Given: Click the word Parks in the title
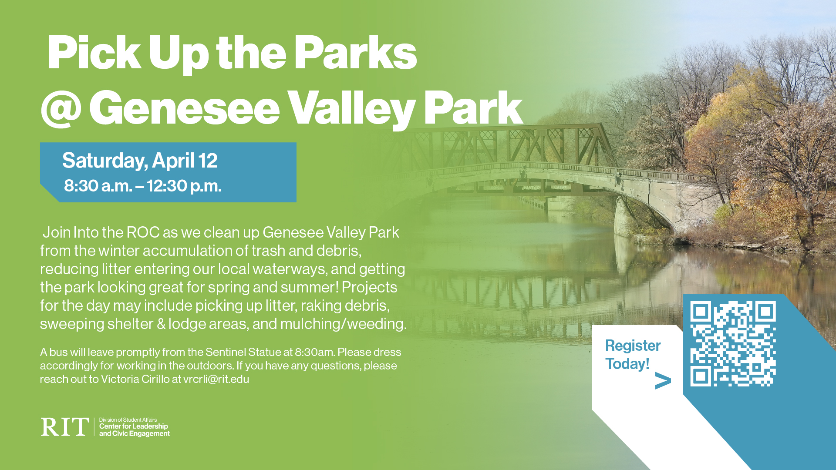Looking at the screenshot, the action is [x=355, y=53].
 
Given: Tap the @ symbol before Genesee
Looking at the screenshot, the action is [x=61, y=108].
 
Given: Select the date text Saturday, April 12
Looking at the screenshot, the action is [x=140, y=161].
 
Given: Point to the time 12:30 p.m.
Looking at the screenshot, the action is [x=184, y=186].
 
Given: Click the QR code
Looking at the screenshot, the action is [x=733, y=344].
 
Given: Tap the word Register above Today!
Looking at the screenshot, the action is [x=633, y=346].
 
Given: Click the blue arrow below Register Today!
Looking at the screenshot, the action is [x=663, y=381].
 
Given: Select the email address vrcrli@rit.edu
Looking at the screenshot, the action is [x=216, y=379].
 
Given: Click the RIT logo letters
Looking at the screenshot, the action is [x=65, y=427].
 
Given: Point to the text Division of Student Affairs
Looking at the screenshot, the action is [x=128, y=420].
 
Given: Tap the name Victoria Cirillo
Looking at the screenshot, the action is [x=135, y=379].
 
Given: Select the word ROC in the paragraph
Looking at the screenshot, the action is [x=143, y=232].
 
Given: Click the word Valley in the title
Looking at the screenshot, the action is [x=352, y=108].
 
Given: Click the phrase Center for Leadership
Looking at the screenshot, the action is [x=133, y=426].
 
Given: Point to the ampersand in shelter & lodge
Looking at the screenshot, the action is [x=161, y=324].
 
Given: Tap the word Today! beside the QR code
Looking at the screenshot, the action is [x=627, y=364].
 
